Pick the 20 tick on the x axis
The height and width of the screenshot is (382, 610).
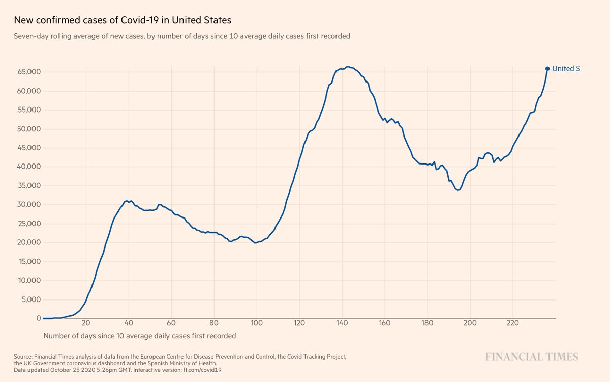86,323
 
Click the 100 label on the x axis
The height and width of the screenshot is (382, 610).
257,323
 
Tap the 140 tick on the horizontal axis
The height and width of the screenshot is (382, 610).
342,323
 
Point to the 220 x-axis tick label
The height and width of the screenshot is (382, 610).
512,323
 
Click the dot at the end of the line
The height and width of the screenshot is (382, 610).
547,68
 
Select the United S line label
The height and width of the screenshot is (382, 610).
566,68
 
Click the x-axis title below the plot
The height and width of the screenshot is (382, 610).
140,336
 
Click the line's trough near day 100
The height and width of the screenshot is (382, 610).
255,243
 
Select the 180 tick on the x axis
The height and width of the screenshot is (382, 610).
428,323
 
